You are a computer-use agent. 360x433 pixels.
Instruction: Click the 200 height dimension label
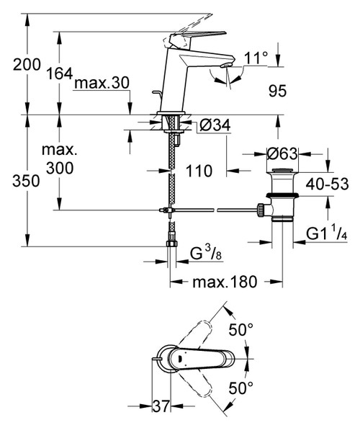[27, 64]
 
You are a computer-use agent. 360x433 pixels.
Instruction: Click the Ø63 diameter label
[282, 154]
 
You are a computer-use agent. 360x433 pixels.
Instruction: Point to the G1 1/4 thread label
[325, 234]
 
